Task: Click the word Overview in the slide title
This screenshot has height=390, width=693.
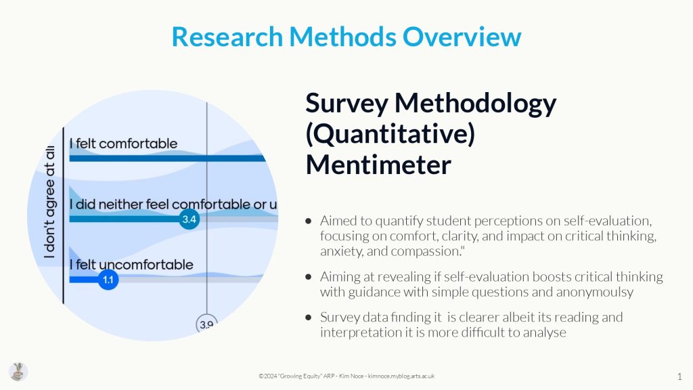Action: tap(462, 37)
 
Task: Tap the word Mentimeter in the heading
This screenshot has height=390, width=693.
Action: tap(378, 165)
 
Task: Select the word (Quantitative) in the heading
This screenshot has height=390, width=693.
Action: tap(390, 135)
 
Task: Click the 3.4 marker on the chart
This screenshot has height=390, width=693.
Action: tap(189, 219)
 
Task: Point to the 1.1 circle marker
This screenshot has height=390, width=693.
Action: tap(108, 280)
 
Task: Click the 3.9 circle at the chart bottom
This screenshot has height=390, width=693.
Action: tap(206, 324)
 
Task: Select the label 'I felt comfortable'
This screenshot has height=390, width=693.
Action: tap(123, 144)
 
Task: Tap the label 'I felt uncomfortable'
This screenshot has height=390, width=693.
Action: tap(131, 265)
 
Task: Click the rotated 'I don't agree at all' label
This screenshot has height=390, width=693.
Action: tap(49, 202)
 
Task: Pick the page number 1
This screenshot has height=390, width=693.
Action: tap(679, 376)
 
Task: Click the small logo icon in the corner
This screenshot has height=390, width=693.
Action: tap(18, 372)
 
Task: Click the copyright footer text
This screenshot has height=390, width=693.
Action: tap(346, 376)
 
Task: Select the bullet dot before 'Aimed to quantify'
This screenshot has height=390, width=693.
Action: tap(309, 221)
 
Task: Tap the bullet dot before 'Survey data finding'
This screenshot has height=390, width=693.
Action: tap(309, 317)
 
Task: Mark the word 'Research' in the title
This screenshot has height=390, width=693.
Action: tap(227, 37)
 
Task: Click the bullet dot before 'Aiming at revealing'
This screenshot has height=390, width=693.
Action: tap(309, 277)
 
